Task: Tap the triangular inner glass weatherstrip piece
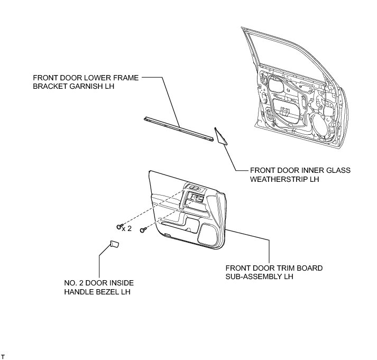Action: pos(220,136)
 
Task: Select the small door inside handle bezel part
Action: pos(114,244)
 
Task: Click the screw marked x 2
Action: pos(118,227)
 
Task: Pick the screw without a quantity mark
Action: pos(143,232)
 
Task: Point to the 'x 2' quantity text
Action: pos(127,228)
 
